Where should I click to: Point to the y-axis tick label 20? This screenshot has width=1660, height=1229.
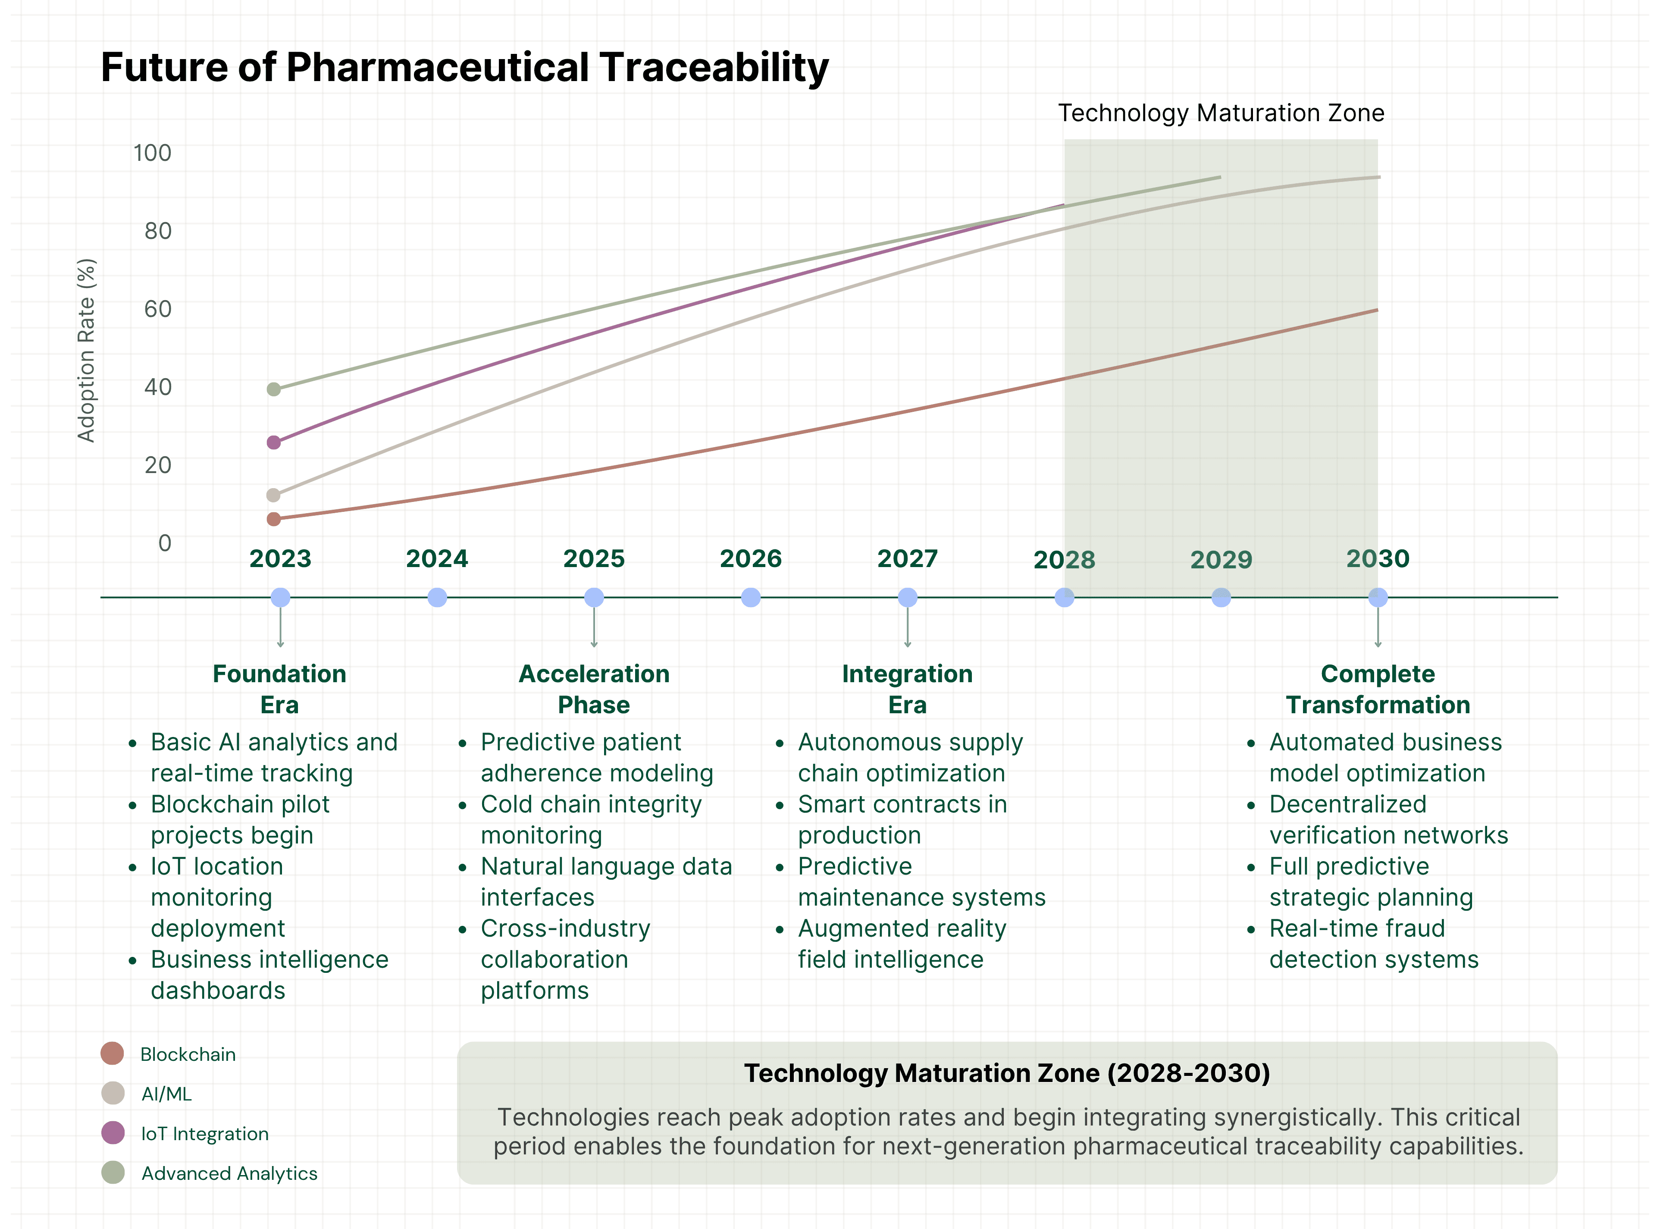pos(158,465)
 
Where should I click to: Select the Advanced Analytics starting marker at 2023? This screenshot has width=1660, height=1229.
pos(274,389)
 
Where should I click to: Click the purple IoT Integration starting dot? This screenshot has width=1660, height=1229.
pos(274,442)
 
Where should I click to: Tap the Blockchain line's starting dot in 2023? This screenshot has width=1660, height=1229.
pos(274,519)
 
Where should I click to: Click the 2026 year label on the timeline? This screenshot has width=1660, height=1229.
pos(750,559)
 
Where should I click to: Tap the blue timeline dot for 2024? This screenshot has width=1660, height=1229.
pos(437,597)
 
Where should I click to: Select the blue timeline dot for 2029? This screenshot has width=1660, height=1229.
pos(1221,597)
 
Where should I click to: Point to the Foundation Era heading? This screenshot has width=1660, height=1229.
pos(280,689)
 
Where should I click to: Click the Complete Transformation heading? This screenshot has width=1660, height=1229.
pos(1378,689)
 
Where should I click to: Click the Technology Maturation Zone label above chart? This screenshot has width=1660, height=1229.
pos(1221,113)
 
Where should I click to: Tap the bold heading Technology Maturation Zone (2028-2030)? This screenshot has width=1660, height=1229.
pos(1007,1073)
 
